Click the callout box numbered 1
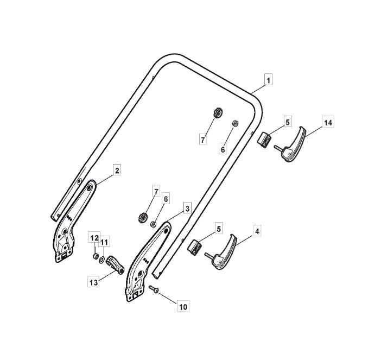point(268,80)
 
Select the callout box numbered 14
point(328,123)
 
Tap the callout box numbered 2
point(117,170)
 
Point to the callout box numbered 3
point(187,209)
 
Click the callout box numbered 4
point(257,231)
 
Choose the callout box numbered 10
point(183,307)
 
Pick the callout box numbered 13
point(93,282)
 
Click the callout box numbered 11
point(104,242)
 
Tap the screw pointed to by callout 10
point(154,289)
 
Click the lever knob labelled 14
point(290,146)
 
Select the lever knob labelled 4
point(221,253)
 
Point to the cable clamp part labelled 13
point(115,264)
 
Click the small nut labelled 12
point(96,256)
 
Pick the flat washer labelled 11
point(101,260)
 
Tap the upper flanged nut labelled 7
point(218,112)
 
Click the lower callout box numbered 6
point(166,199)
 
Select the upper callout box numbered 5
point(288,122)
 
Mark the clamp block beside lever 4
point(194,247)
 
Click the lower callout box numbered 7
point(156,192)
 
